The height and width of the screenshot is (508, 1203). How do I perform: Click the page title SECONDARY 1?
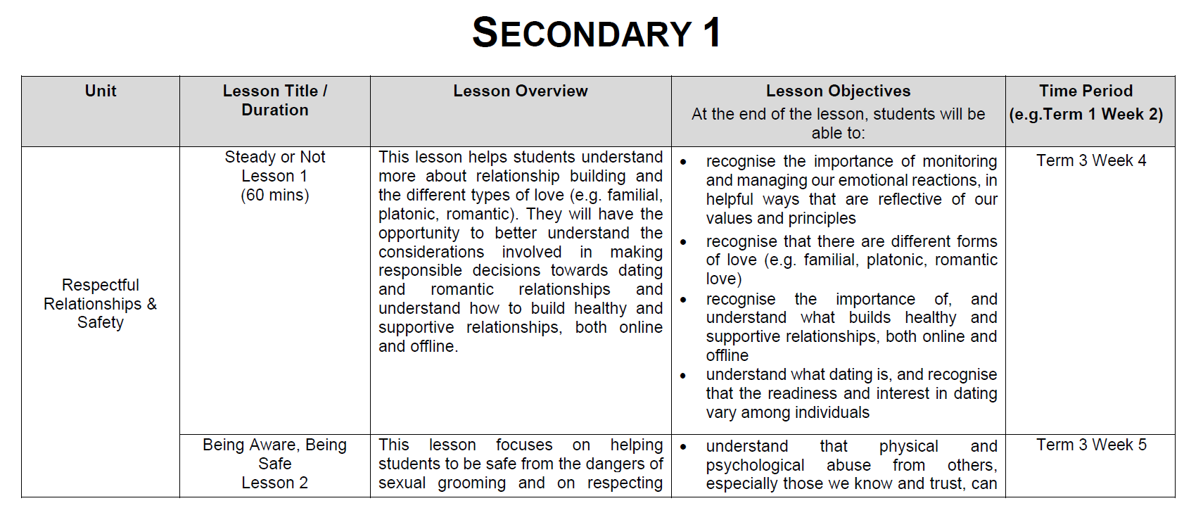point(596,33)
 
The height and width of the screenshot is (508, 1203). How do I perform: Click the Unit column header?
point(101,91)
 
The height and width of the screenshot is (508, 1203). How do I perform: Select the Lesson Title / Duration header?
point(275,101)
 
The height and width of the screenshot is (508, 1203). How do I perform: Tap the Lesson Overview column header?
point(520,91)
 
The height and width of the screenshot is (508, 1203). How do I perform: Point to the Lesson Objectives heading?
point(838,91)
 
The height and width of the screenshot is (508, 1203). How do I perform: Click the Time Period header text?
point(1086,91)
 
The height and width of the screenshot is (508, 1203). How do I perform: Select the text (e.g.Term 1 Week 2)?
point(1086,114)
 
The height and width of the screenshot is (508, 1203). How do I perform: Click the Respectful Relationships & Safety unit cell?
point(101,304)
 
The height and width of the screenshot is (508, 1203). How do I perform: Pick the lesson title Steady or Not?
point(275,157)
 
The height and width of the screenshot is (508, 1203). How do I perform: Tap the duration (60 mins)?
point(275,195)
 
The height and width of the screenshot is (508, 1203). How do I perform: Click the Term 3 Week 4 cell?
point(1091,160)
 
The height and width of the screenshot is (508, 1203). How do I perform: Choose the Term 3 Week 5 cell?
point(1091,445)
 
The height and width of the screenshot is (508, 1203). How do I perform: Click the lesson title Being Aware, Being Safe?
point(275,454)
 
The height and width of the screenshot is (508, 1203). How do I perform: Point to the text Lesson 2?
point(275,483)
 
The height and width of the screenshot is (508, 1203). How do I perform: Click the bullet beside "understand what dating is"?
point(683,376)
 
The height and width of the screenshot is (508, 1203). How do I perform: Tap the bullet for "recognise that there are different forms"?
point(683,242)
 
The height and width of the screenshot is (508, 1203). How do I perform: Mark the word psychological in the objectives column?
point(755,465)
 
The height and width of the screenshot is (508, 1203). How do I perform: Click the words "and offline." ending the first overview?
point(418,346)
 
